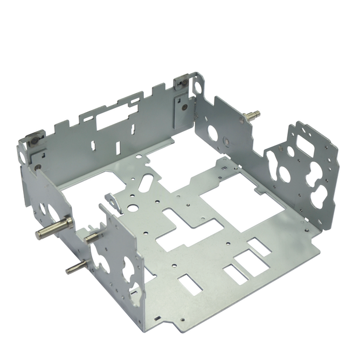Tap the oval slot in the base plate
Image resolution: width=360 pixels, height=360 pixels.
[146, 182]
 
